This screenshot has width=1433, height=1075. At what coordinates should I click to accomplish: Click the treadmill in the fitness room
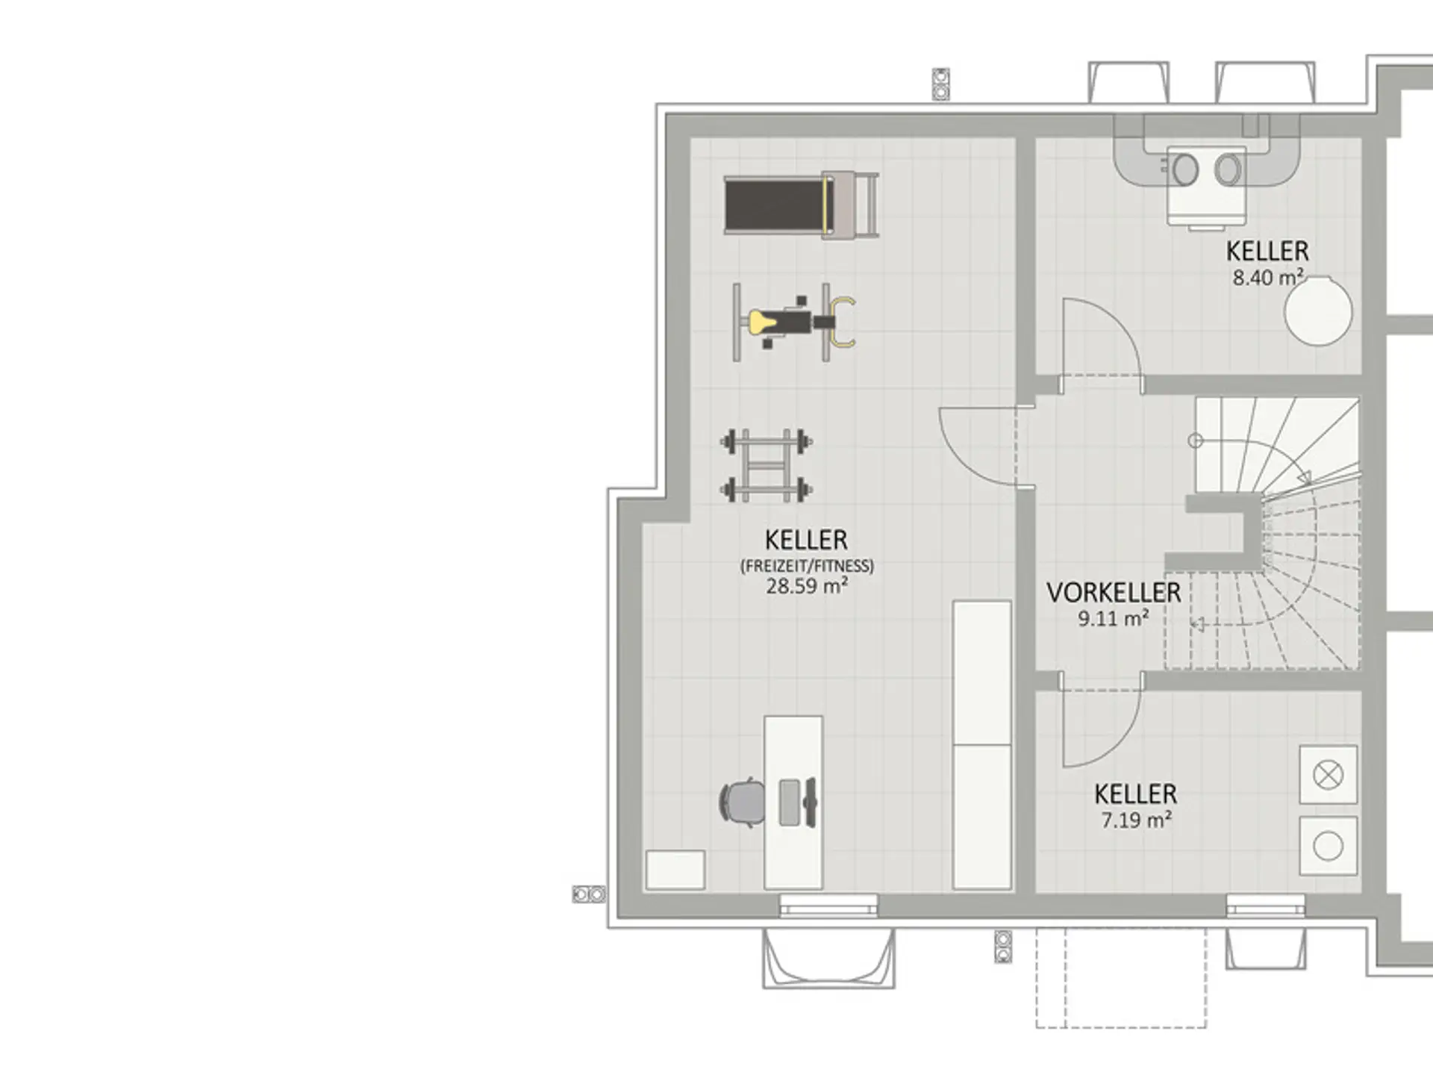click(801, 205)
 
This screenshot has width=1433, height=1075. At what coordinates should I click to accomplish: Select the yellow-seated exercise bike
click(794, 322)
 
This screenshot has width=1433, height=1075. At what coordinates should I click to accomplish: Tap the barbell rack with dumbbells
click(767, 465)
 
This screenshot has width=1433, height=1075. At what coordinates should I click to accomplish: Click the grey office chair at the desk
click(742, 803)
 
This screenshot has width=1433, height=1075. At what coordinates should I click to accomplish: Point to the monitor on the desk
click(809, 803)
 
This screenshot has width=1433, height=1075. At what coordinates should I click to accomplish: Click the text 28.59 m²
click(807, 586)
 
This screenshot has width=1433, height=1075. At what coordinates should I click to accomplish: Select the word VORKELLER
click(1114, 593)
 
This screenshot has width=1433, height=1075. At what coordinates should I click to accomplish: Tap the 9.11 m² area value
click(1114, 618)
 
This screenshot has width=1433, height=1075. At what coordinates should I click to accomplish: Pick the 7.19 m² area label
click(1136, 820)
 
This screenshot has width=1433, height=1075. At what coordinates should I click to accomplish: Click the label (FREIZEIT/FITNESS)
click(807, 565)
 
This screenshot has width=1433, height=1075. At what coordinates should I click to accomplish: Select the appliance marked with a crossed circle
click(1328, 775)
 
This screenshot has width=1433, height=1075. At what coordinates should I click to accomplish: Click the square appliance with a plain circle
click(1328, 846)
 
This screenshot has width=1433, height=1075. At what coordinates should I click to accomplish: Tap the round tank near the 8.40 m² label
click(1318, 311)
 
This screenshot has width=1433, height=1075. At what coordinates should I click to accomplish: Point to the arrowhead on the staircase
click(1305, 477)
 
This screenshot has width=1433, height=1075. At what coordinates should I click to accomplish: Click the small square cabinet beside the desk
click(675, 870)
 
